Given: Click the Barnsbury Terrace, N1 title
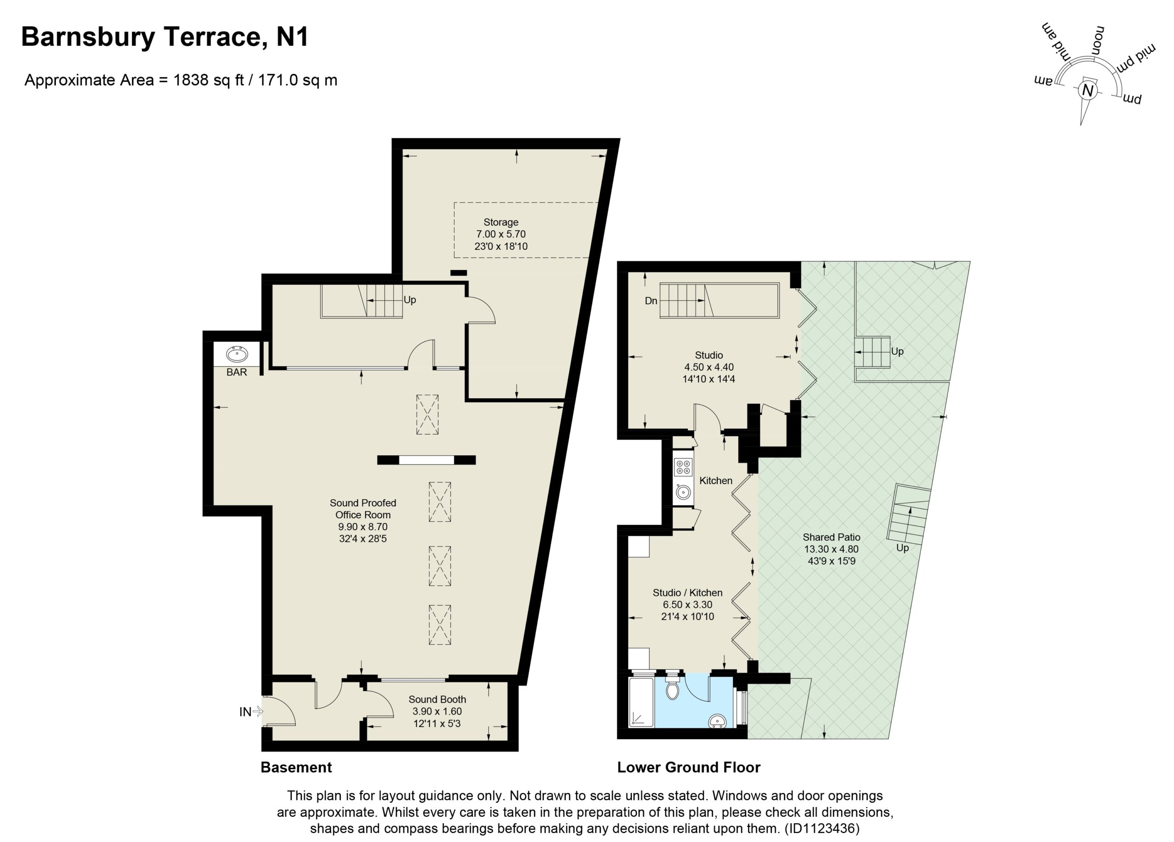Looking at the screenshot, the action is [x=165, y=37].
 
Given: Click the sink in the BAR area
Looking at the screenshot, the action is [x=237, y=354].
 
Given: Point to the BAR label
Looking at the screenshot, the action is [x=237, y=372].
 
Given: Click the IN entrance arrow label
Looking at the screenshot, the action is [x=245, y=712].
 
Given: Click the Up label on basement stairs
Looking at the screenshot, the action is [x=410, y=300].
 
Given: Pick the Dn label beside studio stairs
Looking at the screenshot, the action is [x=651, y=301].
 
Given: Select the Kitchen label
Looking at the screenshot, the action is [x=716, y=481].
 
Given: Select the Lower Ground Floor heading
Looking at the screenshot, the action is [x=688, y=767].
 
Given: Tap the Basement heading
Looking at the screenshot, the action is [x=296, y=767].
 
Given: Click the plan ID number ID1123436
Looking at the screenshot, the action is [x=821, y=829].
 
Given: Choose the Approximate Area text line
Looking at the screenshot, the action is [x=181, y=80].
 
